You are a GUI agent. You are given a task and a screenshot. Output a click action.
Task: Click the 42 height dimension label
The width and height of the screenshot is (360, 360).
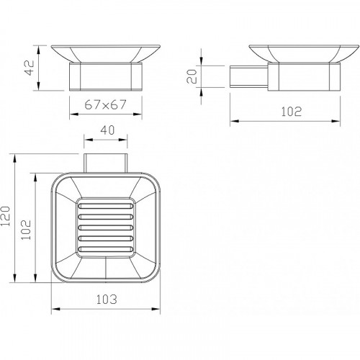[x=30, y=68]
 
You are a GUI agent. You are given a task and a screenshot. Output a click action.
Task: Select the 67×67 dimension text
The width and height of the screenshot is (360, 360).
[x=105, y=104]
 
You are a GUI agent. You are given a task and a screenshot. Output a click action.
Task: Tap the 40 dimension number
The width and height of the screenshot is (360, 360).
[x=107, y=130]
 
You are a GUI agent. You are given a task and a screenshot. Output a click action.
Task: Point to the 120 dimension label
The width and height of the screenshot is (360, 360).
[x=5, y=216]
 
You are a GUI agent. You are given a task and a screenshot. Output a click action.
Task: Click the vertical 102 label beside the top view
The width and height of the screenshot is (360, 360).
[x=26, y=230]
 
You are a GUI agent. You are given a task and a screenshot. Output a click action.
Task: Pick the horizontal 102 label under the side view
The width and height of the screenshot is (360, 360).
[x=291, y=112]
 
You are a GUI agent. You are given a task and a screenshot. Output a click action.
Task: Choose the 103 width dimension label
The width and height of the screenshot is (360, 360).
[x=107, y=300]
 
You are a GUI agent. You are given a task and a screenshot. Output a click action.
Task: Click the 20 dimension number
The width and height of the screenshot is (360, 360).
[x=192, y=76]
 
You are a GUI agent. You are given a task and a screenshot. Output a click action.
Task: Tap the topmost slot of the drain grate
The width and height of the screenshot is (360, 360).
[x=106, y=206]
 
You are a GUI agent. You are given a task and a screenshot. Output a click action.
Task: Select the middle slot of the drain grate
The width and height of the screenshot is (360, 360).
[x=106, y=228]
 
